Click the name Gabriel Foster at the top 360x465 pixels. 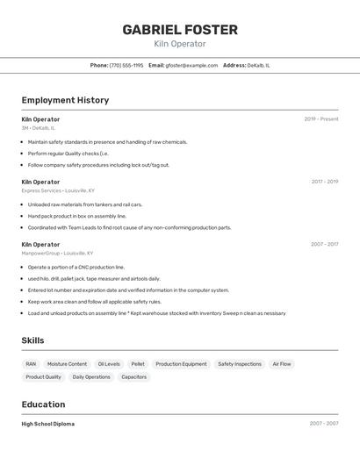tap(180, 30)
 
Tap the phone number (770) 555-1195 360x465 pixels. tap(126, 65)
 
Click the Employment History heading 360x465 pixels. tap(65, 100)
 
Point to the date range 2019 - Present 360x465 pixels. tap(321, 119)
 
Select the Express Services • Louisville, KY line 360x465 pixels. tap(58, 190)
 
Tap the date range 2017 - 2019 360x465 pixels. tap(324, 182)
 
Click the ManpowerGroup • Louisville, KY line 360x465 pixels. tap(58, 253)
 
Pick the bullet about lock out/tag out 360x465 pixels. tap(98, 165)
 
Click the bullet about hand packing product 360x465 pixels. tap(77, 216)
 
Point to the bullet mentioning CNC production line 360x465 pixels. tap(76, 267)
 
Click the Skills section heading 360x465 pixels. tap(32, 340)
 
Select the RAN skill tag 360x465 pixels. tap(31, 363)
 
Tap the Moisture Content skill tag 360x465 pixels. tap(67, 363)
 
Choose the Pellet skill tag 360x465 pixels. tap(138, 363)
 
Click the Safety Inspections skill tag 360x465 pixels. tap(239, 363)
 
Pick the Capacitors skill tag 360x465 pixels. tap(134, 376)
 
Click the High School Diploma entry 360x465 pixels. tap(47, 424)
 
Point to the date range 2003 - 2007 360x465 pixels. tap(324, 424)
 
